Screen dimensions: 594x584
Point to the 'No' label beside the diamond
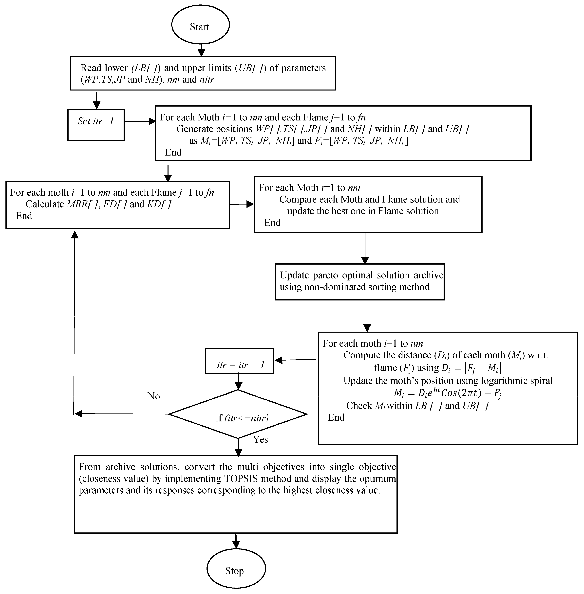click(x=154, y=396)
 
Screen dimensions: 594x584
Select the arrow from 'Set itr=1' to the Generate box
click(x=140, y=121)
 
